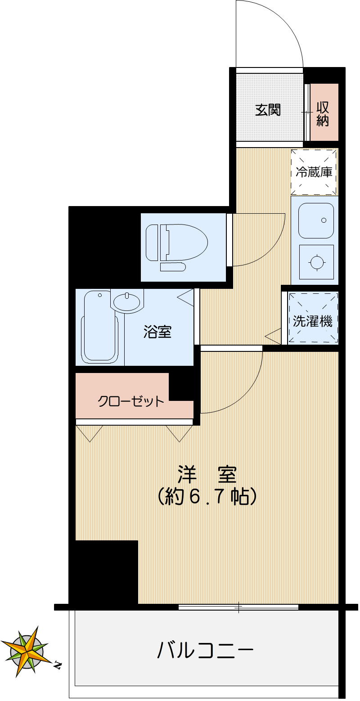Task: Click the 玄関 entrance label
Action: pos(268,109)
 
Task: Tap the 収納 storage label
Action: pos(323,113)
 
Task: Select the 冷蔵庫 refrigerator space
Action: pos(314,172)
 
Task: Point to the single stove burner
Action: pos(316,262)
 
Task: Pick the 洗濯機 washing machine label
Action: pos(313,321)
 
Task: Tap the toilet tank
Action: pos(153,243)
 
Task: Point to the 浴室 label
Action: pos(157,332)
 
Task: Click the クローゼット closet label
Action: pos(131,401)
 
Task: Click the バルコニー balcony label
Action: pos(205,650)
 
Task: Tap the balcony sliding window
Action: pos(238,607)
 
